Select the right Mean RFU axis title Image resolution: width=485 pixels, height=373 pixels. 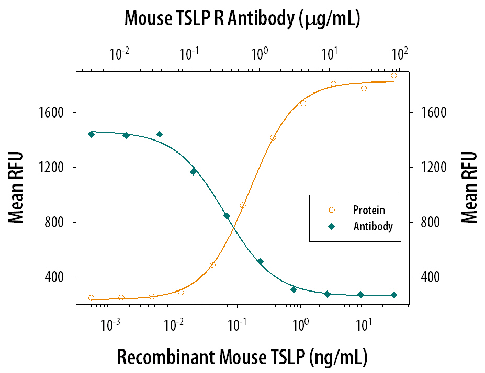[469, 187]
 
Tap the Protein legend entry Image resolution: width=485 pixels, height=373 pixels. [369, 210]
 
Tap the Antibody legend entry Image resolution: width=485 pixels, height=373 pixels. [373, 227]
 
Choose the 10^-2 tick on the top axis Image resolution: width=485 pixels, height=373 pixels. [119, 53]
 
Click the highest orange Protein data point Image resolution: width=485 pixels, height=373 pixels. [394, 76]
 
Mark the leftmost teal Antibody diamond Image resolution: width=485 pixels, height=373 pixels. [91, 134]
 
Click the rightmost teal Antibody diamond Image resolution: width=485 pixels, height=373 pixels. [394, 295]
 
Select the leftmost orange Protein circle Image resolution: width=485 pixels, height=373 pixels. [92, 298]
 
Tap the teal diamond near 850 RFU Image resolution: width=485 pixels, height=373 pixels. [227, 216]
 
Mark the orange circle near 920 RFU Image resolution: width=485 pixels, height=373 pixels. [242, 205]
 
